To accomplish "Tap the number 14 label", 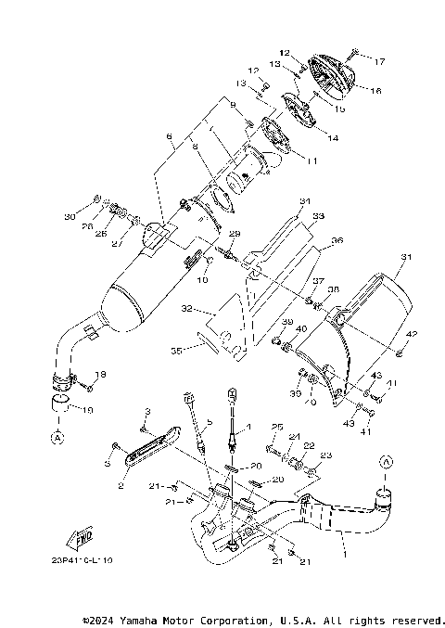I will click(333, 137).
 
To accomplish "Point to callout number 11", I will click(311, 160).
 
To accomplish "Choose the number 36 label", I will click(337, 240).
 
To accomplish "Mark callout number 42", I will click(413, 333).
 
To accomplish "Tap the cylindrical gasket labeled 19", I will click(62, 404).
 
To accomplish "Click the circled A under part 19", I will click(57, 434).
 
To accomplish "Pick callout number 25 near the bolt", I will click(275, 426).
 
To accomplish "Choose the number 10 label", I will click(202, 279).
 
